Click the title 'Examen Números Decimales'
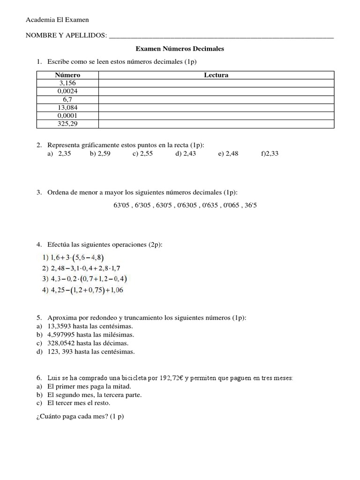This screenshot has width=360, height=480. tap(180, 49)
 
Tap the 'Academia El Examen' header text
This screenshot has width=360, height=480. tap(57, 20)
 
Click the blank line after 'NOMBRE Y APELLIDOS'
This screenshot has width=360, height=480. tap(221, 35)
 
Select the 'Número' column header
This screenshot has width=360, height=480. tap(67, 75)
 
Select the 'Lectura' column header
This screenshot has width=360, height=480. tap(216, 75)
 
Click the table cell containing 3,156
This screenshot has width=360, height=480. tap(67, 83)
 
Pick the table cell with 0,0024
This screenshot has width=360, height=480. tap(67, 91)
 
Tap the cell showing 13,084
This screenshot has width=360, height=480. tap(67, 107)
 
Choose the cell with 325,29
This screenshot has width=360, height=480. tap(67, 124)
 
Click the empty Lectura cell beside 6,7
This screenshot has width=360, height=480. tap(216, 99)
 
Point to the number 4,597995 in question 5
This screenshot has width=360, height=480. tap(61, 335)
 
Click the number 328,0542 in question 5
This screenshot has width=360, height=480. tap(61, 343)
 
